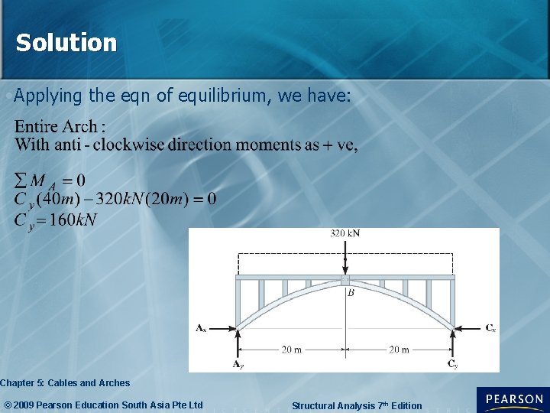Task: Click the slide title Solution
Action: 66,43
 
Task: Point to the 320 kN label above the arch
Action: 345,233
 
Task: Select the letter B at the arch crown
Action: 351,292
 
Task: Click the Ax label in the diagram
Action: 201,328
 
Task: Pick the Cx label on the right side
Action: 490,328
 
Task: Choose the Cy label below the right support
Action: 453,364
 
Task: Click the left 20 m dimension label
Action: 291,350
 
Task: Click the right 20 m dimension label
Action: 400,350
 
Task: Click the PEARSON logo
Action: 513,399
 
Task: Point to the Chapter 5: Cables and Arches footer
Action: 65,382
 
